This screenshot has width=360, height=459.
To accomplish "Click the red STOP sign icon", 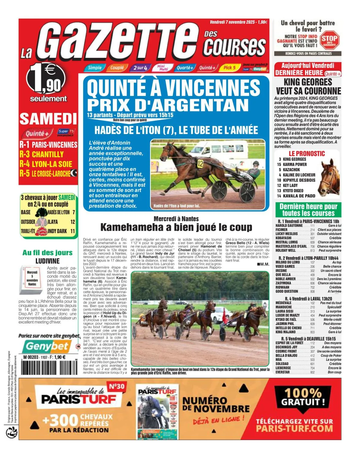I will [329, 40].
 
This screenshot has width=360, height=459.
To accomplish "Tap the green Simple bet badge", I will [95, 68].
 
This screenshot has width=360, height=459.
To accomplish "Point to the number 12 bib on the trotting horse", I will [200, 164].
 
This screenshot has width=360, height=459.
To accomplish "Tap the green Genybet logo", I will [47, 346].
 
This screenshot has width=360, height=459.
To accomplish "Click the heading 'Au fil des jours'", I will [47, 252].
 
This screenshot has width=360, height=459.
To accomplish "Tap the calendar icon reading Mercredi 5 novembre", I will [32, 279].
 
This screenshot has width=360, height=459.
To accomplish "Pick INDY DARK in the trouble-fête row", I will [57, 231].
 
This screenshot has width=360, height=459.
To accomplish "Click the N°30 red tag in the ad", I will [116, 386].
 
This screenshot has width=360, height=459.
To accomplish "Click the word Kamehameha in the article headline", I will [133, 227].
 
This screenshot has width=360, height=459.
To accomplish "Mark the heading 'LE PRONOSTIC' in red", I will [307, 154].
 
